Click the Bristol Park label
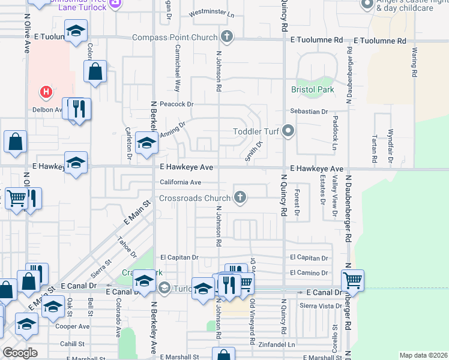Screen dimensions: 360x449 pyautogui.click(x=312, y=89)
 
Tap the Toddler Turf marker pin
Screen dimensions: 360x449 pyautogui.click(x=289, y=131)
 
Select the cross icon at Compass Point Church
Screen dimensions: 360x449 pyautogui.click(x=226, y=37)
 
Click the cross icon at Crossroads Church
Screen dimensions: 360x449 pyautogui.click(x=240, y=197)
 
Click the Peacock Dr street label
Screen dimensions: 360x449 pyautogui.click(x=177, y=104)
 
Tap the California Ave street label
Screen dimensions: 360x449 pyautogui.click(x=180, y=182)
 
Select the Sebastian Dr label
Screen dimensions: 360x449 pyautogui.click(x=308, y=112)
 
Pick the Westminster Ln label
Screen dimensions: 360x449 pyautogui.click(x=211, y=13)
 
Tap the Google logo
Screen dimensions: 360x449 pyautogui.click(x=20, y=353)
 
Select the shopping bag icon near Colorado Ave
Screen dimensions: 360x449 pyautogui.click(x=96, y=71)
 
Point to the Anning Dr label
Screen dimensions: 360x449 pyautogui.click(x=173, y=129)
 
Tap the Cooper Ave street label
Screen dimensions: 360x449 pyautogui.click(x=72, y=327)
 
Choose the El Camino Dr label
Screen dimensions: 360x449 pyautogui.click(x=309, y=273)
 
